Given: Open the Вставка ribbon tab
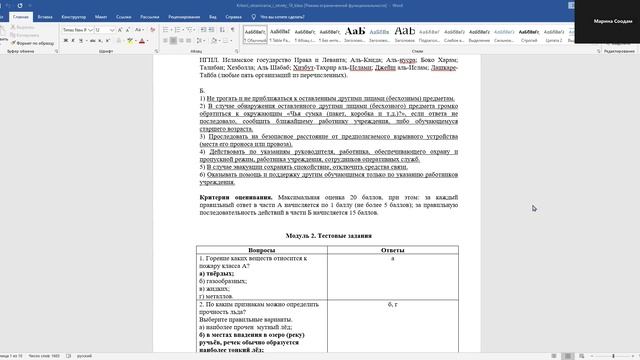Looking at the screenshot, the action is tap(47, 17).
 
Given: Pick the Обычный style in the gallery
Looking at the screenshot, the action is tap(257, 34).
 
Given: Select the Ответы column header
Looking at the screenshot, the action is tap(393, 249).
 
